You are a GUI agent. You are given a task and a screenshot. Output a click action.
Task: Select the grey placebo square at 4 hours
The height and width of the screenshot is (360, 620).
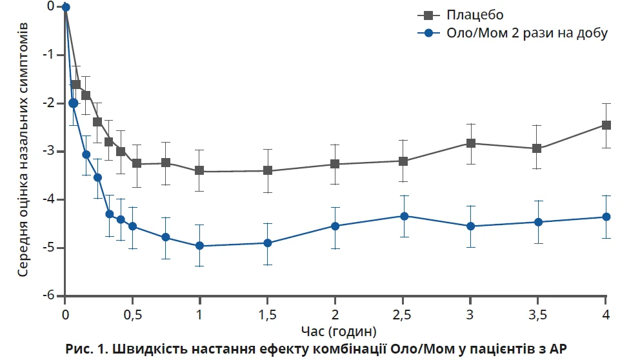pos(606,125)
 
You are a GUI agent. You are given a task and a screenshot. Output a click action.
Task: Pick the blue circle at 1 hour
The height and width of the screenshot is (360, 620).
pos(200,246)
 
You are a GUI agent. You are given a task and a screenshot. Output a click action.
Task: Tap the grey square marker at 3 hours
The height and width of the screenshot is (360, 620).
pos(471,143)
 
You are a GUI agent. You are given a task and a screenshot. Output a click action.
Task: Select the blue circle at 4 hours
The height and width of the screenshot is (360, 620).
pos(606,217)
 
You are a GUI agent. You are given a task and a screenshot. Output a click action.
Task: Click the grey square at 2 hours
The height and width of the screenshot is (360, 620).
pos(335,164)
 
